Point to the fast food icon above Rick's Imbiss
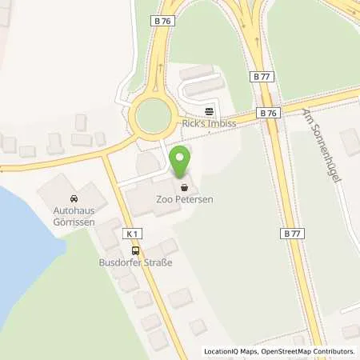(x=210, y=110)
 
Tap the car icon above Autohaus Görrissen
(x=73, y=198)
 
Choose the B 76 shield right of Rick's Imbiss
(x=269, y=114)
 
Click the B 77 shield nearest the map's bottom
(x=293, y=234)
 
